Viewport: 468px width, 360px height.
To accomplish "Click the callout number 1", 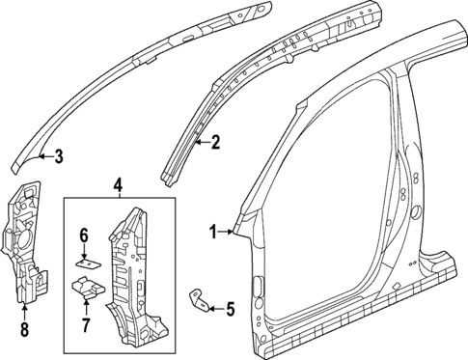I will tap(213, 230).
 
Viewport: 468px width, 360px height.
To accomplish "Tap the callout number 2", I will tap(215, 144).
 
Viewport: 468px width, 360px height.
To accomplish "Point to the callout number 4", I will tap(118, 184).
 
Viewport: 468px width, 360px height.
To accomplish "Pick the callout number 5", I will tap(230, 309).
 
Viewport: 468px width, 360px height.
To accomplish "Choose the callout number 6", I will tap(84, 235).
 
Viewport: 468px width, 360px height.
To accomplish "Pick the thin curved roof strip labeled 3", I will tap(135, 68).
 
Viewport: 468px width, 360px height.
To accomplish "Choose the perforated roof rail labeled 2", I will tap(280, 77).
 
